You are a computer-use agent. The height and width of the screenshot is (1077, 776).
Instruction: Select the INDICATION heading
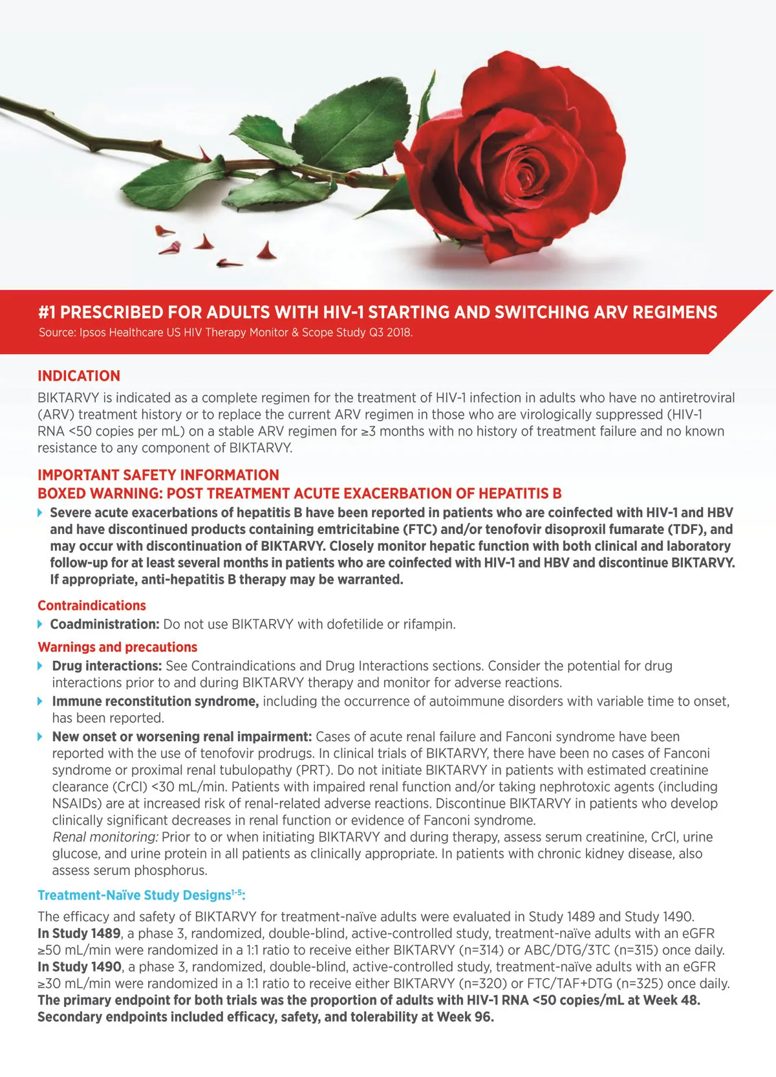[x=79, y=376]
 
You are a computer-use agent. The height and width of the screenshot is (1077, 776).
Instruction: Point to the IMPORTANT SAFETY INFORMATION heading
[x=158, y=475]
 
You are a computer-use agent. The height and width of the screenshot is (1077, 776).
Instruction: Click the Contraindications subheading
[x=92, y=606]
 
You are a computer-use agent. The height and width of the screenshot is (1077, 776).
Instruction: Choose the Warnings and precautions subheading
[x=117, y=647]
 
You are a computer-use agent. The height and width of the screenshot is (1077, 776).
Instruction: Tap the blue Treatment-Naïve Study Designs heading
[x=141, y=895]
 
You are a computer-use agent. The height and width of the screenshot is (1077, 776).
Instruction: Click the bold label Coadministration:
[x=105, y=625]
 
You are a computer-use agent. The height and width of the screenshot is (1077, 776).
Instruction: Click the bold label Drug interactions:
[x=107, y=666]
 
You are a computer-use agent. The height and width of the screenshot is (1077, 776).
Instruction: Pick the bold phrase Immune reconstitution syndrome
[x=155, y=702]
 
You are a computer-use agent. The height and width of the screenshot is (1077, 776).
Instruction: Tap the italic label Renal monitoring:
[x=105, y=838]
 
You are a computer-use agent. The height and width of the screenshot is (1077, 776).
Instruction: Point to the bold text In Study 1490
[x=80, y=968]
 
